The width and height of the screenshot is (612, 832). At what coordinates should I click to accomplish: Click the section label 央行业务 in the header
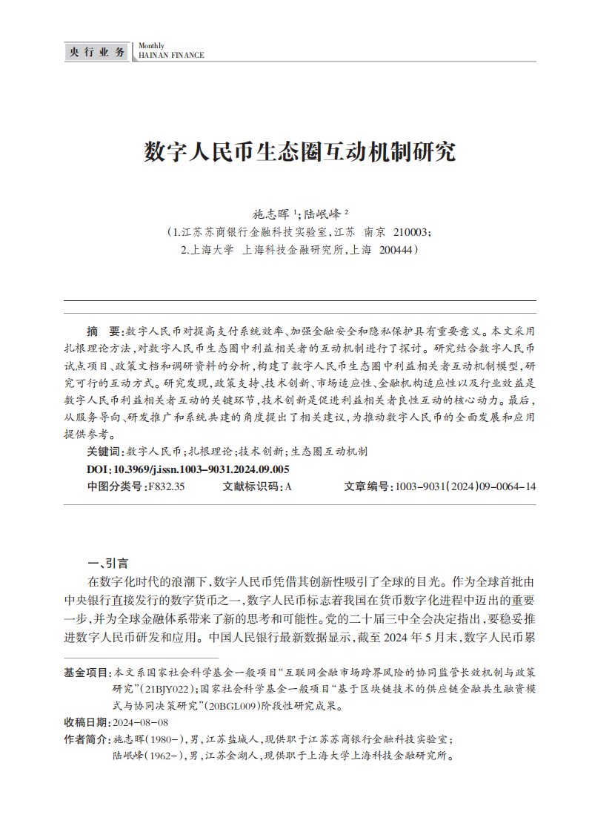point(96,51)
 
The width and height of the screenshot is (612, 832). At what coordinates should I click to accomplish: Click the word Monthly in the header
point(153,46)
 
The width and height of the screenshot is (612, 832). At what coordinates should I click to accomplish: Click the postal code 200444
point(397,251)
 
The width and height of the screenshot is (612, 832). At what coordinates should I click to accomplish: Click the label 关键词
point(104,451)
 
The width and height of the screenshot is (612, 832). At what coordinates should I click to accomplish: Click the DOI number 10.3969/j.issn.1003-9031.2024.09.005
point(200,469)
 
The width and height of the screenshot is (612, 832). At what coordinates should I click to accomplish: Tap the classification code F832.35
point(167,486)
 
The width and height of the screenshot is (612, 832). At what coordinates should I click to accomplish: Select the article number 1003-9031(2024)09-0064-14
point(466,486)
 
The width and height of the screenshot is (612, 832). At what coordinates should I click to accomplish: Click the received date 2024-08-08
point(140,722)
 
